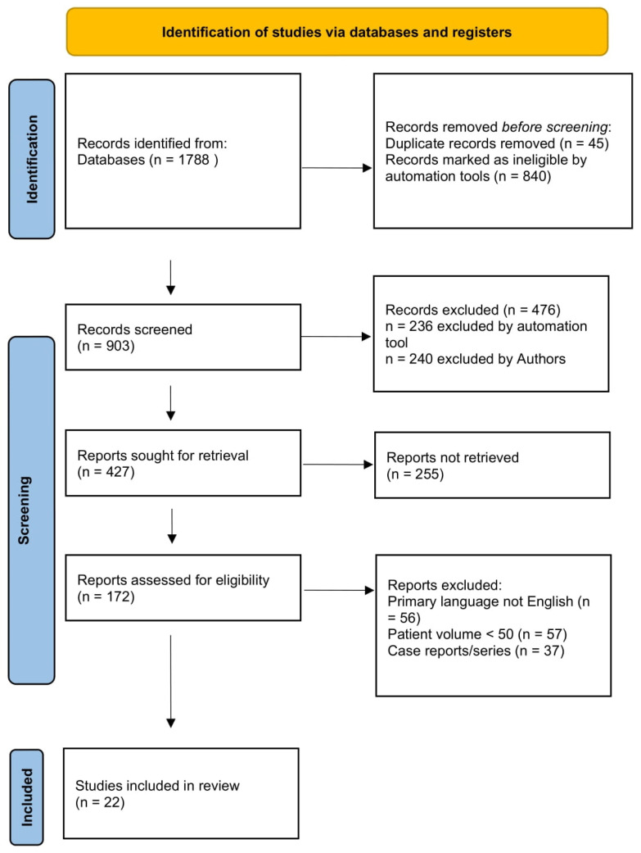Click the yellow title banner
pyautogui.click(x=337, y=32)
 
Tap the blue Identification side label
pyautogui.click(x=32, y=159)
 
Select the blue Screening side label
pyautogui.click(x=32, y=510)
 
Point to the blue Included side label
pyautogui.click(x=26, y=797)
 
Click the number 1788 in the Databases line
pyautogui.click(x=193, y=160)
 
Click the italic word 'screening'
pyautogui.click(x=581, y=127)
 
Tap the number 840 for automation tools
pyautogui.click(x=535, y=176)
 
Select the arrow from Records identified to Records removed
pyautogui.click(x=337, y=168)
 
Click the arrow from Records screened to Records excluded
pyautogui.click(x=336, y=337)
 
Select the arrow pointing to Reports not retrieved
pyautogui.click(x=338, y=465)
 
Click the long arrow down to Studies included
pyautogui.click(x=171, y=681)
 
